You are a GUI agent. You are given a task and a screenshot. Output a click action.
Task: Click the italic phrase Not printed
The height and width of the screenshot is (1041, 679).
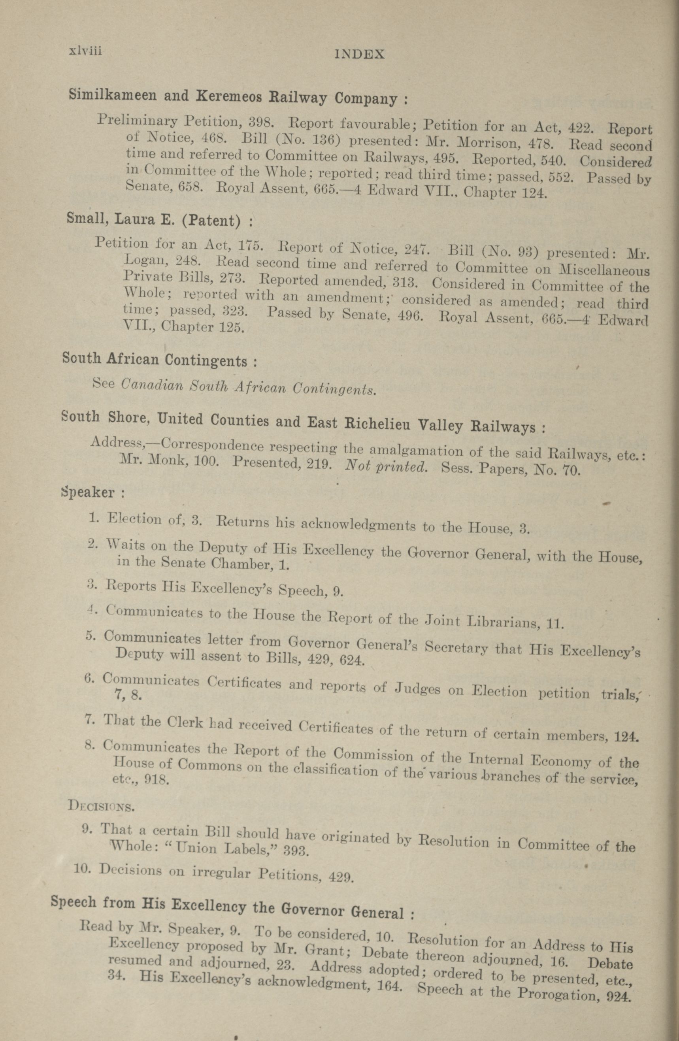click(x=385, y=467)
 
